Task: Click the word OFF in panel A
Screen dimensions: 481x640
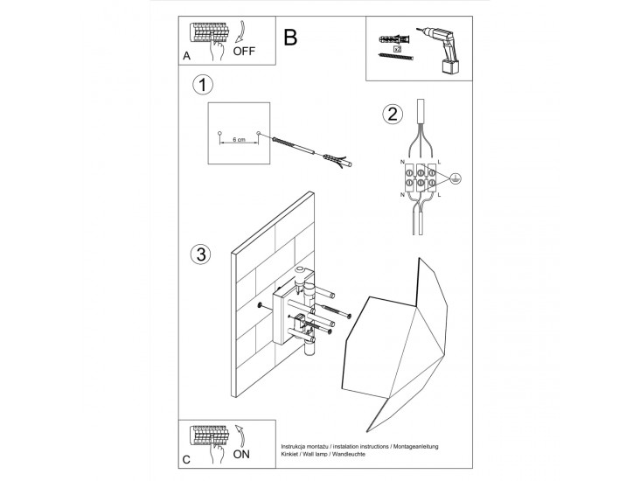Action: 246,52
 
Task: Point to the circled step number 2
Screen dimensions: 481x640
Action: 393,114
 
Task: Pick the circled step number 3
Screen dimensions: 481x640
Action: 201,255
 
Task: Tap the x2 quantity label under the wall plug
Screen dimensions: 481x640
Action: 397,50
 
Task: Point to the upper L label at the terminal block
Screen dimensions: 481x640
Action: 438,162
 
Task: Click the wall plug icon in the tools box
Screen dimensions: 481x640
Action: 388,39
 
